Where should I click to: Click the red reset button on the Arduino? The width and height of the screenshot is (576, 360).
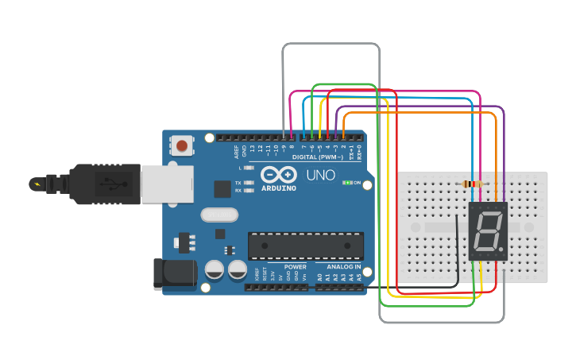[182, 145]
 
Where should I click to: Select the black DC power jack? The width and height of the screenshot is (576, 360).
[172, 272]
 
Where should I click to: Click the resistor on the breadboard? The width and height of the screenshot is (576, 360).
[473, 184]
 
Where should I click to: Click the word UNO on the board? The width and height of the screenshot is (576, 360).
[321, 175]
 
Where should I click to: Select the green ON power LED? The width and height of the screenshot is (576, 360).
[347, 183]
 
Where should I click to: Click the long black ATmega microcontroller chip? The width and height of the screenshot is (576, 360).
[306, 246]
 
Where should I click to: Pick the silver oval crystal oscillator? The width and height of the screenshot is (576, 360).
[218, 215]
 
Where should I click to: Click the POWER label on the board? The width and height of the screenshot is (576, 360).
[296, 266]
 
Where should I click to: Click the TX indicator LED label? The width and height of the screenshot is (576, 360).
[238, 184]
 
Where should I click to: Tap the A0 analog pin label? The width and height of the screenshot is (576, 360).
[319, 277]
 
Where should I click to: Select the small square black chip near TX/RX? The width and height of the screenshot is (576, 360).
[222, 188]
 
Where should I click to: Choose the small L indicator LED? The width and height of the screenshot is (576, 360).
[249, 168]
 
